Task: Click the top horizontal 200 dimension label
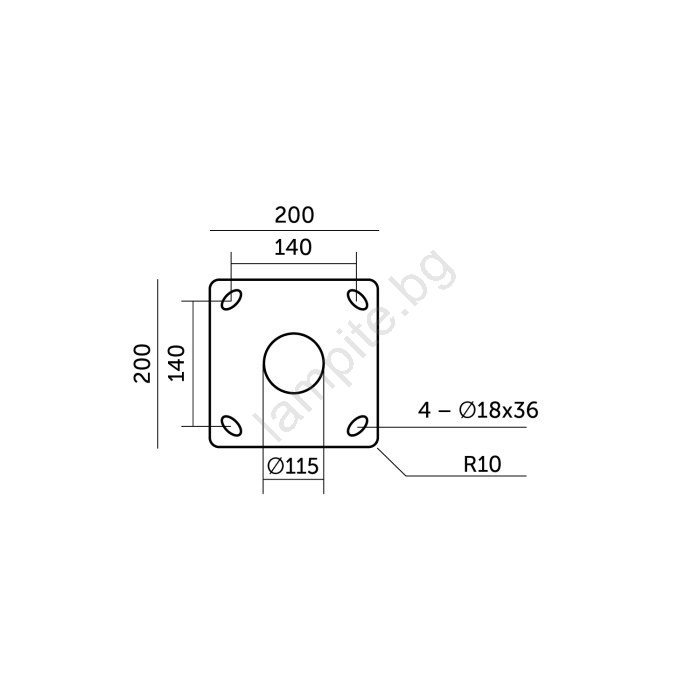pos(294,215)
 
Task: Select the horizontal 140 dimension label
pos(293,247)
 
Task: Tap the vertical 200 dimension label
pos(142,363)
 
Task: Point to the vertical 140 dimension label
pos(177,362)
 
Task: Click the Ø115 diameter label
pos(293,467)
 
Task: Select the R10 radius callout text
pos(482,464)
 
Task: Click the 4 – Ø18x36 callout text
pos(478,410)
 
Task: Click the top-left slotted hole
pos(232,299)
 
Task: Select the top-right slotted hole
pos(358,299)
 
